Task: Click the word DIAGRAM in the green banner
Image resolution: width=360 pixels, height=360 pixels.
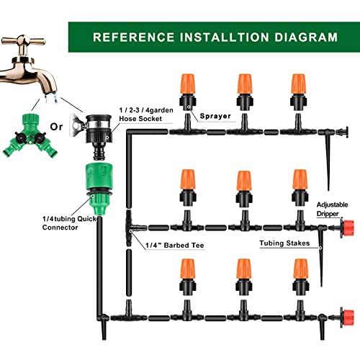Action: click(306, 37)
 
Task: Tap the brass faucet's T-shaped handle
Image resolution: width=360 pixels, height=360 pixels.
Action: click(23, 40)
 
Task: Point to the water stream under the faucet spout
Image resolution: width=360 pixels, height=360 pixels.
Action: click(51, 98)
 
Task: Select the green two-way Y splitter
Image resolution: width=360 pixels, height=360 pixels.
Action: click(30, 135)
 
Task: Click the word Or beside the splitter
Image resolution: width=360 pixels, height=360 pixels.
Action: click(56, 127)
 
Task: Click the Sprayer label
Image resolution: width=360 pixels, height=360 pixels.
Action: click(215, 116)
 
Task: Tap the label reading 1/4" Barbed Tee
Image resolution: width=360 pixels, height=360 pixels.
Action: click(174, 246)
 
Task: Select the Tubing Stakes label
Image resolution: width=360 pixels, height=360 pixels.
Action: click(284, 243)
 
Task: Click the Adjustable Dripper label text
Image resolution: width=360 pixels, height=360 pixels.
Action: click(332, 209)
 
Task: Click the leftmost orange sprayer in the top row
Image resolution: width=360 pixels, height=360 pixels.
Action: click(188, 91)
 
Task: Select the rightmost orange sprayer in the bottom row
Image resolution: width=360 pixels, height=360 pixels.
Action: click(301, 276)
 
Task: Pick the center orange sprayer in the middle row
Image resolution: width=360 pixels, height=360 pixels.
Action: click(244, 189)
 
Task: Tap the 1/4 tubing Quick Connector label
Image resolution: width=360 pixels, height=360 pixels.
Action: click(70, 223)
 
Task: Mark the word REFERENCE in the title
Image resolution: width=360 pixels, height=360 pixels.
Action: click(134, 37)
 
